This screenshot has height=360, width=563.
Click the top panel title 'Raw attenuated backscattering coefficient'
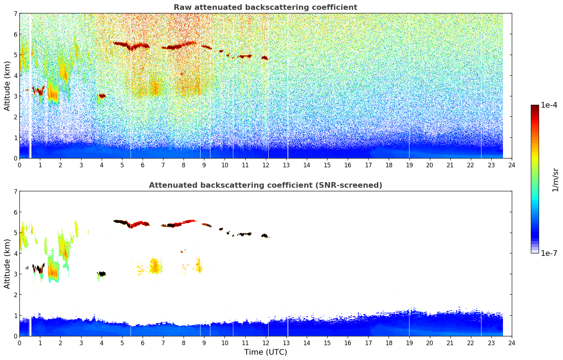[x=265, y=7]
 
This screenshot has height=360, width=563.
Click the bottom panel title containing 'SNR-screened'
[x=265, y=185]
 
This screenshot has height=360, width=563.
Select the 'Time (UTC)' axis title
[x=265, y=352]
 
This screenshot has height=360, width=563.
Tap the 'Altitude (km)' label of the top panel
[x=7, y=86]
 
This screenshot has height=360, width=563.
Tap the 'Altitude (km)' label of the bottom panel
[x=7, y=264]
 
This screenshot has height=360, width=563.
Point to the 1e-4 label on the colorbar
[x=549, y=105]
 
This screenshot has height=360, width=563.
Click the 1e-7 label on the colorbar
[x=549, y=253]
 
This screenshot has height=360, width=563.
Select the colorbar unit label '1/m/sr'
[x=555, y=180]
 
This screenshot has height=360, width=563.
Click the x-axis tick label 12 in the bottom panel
[x=265, y=343]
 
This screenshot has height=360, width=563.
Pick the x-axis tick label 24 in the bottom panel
[x=511, y=343]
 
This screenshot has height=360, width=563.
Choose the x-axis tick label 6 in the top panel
[x=143, y=165]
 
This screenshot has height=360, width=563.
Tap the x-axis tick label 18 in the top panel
[x=389, y=165]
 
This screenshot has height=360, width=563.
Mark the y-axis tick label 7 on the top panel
[x=15, y=14]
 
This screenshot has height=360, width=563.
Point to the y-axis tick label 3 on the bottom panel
[x=15, y=274]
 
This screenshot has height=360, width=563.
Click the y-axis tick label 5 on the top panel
[x=15, y=55]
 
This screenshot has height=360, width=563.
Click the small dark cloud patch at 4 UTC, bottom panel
[x=102, y=274]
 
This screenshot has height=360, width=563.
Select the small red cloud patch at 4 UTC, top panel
[x=102, y=96]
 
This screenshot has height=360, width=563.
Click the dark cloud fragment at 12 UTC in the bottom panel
[x=265, y=235]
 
